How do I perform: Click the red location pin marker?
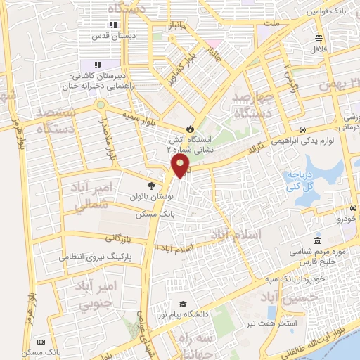click(181, 166)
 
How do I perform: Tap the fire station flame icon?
click(189, 128)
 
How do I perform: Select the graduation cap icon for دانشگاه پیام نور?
click(183, 304)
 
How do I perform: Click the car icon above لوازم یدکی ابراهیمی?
click(302, 129)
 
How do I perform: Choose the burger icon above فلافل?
click(319, 38)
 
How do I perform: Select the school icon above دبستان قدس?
click(112, 25)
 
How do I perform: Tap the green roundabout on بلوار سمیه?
click(101, 105)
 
